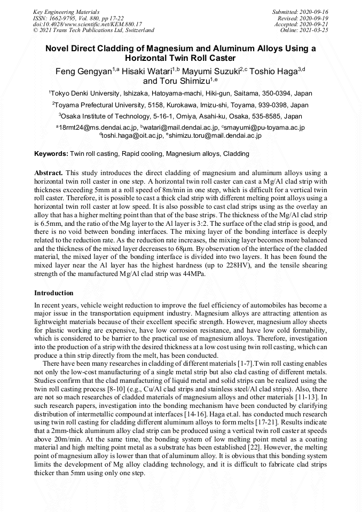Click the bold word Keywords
click(x=51, y=154)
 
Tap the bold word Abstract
click(x=49, y=174)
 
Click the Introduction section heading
click(x=54, y=293)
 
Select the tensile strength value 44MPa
click(x=194, y=273)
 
